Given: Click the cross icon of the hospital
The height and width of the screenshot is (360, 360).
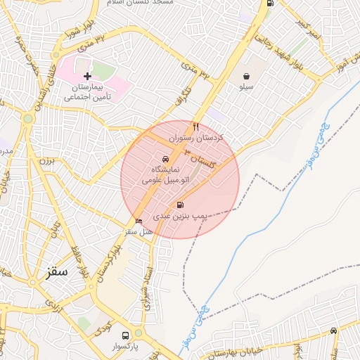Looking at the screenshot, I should tap(87, 75).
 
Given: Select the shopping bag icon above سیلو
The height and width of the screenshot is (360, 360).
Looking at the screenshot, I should tap(247, 76).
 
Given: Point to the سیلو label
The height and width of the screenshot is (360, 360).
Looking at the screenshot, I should tap(247, 88).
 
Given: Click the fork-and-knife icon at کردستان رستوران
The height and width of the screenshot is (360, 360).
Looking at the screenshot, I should tap(196, 127).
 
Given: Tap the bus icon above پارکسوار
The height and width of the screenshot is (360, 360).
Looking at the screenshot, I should tap(125, 335).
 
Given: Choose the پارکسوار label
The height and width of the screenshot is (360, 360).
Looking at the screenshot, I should tap(124, 347).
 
